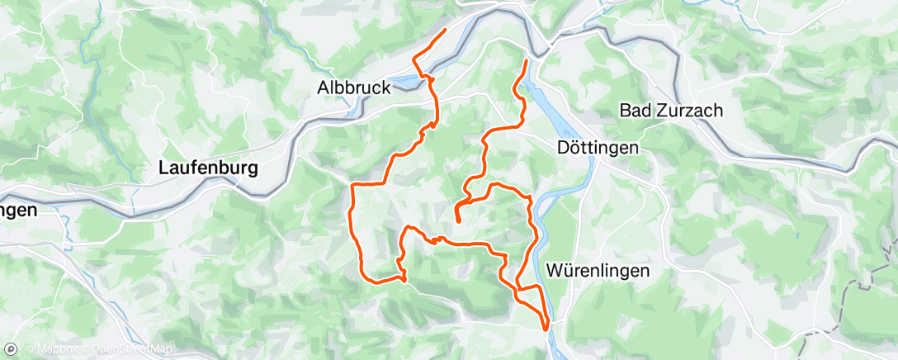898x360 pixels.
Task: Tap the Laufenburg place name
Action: tap(208, 168)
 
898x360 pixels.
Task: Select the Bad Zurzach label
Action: tap(671, 110)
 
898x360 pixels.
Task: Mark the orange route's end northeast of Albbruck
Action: tap(446, 30)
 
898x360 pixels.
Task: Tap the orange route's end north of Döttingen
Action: tap(527, 60)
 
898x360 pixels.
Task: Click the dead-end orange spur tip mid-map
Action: tap(458, 220)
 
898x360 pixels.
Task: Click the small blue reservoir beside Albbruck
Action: tap(405, 82)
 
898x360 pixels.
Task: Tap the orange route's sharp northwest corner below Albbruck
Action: tap(353, 184)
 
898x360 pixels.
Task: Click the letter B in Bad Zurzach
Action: tap(625, 110)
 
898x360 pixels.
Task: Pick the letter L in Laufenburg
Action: tap(163, 168)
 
